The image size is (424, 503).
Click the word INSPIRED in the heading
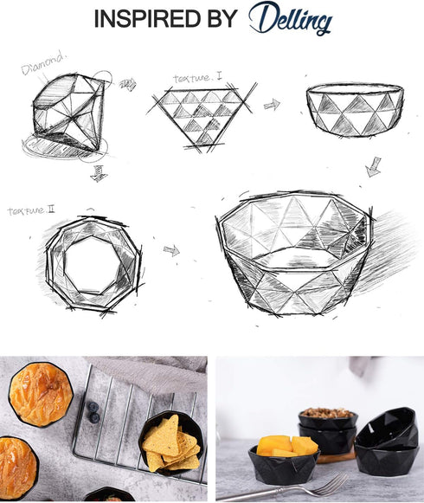tap(147, 18)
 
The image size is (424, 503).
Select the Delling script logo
tap(290, 18)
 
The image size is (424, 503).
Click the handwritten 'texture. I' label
tap(197, 77)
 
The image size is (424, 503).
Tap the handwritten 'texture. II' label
tap(31, 210)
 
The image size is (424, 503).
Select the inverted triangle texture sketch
tap(202, 117)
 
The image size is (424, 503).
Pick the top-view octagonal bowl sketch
tap(93, 265)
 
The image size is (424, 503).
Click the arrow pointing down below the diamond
tap(99, 173)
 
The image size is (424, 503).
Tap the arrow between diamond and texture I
tap(128, 84)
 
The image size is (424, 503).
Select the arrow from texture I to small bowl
tap(272, 105)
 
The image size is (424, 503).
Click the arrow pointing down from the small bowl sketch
tap(374, 167)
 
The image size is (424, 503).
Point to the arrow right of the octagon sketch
tap(171, 250)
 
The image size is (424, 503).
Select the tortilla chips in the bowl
tap(171, 444)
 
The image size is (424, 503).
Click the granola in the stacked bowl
tap(327, 413)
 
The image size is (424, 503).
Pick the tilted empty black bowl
tap(388, 429)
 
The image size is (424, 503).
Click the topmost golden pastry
tap(41, 394)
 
